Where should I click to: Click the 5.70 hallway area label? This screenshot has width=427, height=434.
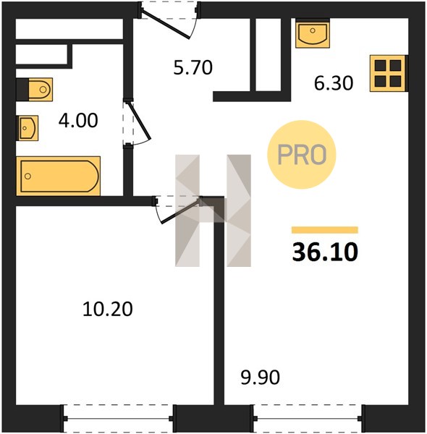193,67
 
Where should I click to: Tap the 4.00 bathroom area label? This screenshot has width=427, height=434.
78,121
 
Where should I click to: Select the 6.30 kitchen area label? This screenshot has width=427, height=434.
334,83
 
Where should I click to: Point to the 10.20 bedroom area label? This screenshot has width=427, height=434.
108,309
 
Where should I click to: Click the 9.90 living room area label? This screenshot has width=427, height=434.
261,377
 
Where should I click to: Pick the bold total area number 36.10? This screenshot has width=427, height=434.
325,252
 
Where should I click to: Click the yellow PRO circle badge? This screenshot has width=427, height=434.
302,155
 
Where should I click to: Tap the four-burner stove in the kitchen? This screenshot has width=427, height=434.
389,73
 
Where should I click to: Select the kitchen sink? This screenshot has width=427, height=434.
313,33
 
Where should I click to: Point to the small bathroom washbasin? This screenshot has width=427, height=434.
28,128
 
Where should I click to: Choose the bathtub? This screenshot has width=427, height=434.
58,176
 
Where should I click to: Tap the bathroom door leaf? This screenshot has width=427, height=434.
140,121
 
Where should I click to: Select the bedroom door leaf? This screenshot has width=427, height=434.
180,210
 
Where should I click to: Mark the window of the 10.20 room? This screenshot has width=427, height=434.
119,419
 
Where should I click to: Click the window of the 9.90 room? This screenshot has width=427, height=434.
308,419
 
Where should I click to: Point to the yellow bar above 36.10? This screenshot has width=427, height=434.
325,230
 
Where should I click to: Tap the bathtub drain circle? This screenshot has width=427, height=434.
28,176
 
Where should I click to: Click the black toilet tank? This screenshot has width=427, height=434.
22,90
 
